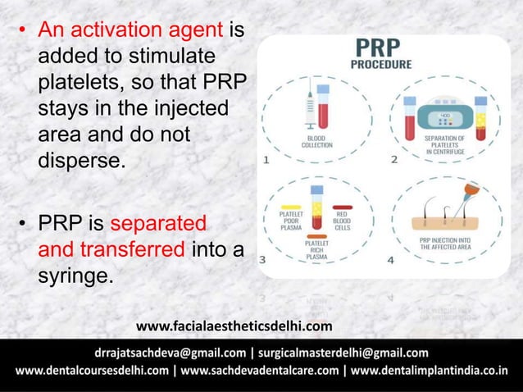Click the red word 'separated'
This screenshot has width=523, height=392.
click(x=160, y=224)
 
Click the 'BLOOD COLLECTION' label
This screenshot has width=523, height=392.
click(x=316, y=141)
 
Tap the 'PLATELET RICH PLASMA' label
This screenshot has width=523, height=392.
click(x=316, y=248)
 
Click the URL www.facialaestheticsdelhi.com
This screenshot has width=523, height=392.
click(x=234, y=328)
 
